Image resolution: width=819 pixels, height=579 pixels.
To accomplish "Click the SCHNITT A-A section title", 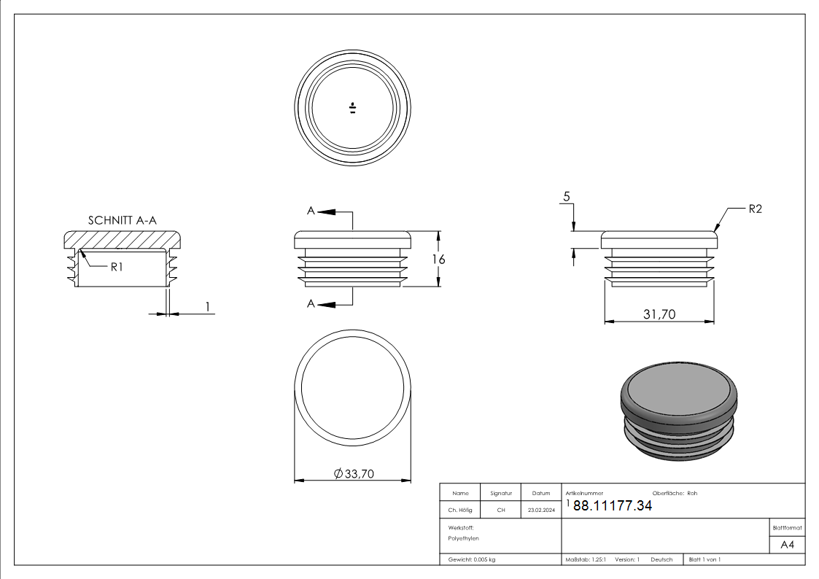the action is pos(123,220).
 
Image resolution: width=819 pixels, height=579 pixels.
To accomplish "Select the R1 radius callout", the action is pos(117,267).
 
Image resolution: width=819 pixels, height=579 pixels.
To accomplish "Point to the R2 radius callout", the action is pos(756,209).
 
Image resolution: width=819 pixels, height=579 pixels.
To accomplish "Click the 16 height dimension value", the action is pos(439,259).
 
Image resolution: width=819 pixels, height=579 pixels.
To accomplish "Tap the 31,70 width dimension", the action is pos(659,314).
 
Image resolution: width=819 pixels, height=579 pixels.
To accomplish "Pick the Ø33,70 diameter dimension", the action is pos(354,473).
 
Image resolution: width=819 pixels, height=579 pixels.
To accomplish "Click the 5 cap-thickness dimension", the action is pos(567,197).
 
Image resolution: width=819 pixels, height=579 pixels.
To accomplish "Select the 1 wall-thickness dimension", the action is pos(208,306).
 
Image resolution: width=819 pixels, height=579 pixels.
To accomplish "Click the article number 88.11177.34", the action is pos(613,505).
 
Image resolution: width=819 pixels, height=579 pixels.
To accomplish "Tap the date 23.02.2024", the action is pos(541,510).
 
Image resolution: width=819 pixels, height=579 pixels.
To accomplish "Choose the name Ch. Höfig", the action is pos(459,510).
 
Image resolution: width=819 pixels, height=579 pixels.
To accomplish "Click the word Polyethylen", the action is pos(463,538).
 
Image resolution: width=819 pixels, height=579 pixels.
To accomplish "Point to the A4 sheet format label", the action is pos(787,545).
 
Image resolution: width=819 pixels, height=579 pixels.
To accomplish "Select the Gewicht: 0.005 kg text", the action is pos(472,560).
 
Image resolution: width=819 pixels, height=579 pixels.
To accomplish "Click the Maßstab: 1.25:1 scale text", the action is pos(586,560).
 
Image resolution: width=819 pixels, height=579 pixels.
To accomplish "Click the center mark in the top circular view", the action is pos(352,108).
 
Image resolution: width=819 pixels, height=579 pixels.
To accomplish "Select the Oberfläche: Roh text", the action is pos(675,494).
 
